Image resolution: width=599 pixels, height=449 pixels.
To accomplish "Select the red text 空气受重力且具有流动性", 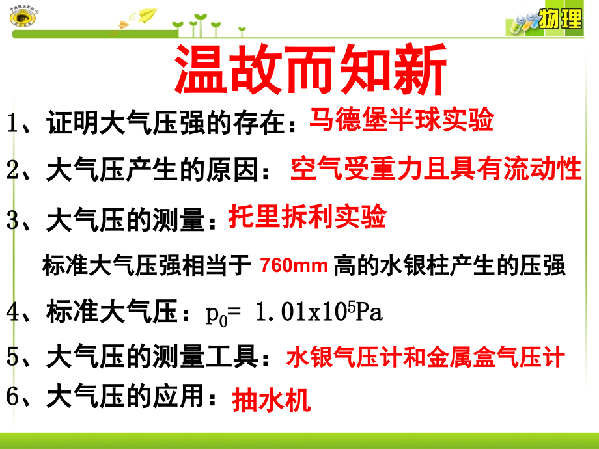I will click(x=436, y=169).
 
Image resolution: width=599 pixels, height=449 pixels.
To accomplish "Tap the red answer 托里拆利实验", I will click(x=307, y=217).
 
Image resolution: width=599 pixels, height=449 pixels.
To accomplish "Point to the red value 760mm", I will click(x=293, y=265).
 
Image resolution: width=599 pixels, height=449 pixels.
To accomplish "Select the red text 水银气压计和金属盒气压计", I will click(x=425, y=357).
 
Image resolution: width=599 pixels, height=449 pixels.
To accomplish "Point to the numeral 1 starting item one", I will click(x=12, y=122).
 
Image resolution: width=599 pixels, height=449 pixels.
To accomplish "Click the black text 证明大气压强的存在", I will click(x=167, y=122).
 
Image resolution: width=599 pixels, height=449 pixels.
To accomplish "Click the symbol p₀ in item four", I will click(x=215, y=315).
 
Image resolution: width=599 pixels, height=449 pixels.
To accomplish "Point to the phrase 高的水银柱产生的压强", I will click(x=449, y=265).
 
